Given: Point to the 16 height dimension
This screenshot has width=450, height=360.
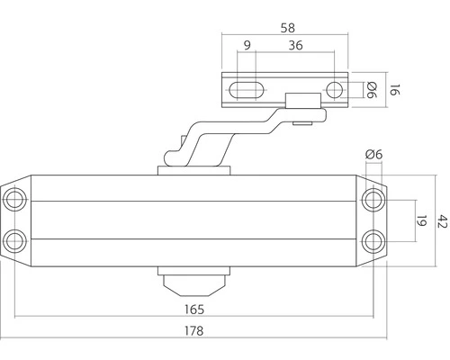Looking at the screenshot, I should pos(392,90).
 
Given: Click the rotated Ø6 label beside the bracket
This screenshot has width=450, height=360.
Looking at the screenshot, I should pos(370,90).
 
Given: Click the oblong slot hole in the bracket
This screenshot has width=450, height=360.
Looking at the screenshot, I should pos(247,90).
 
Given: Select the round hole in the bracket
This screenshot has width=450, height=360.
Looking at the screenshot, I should pos(334,90).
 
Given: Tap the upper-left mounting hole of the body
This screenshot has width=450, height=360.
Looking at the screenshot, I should pos(15,198).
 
